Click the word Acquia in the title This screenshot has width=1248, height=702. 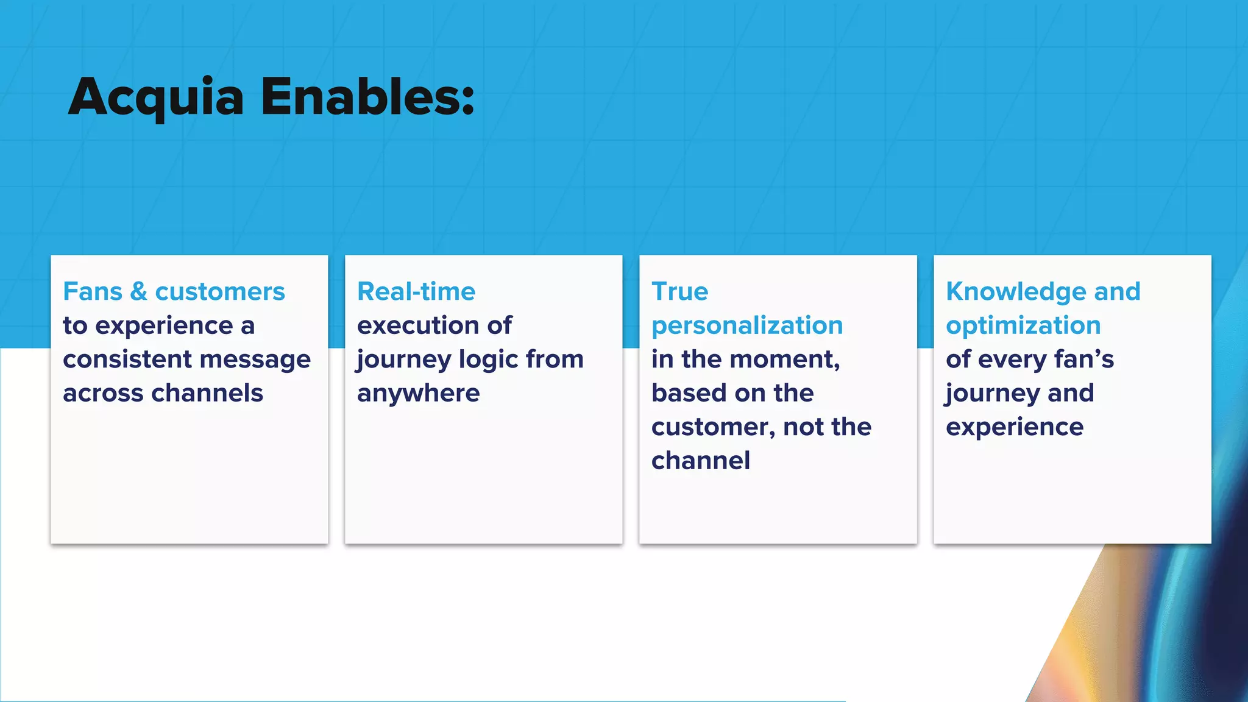156,97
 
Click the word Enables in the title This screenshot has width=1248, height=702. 360,97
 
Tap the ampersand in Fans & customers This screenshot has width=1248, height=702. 139,292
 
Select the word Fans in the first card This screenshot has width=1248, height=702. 93,292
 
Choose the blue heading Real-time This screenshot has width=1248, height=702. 416,292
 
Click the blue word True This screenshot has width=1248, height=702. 679,292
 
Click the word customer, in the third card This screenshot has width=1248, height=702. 713,427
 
